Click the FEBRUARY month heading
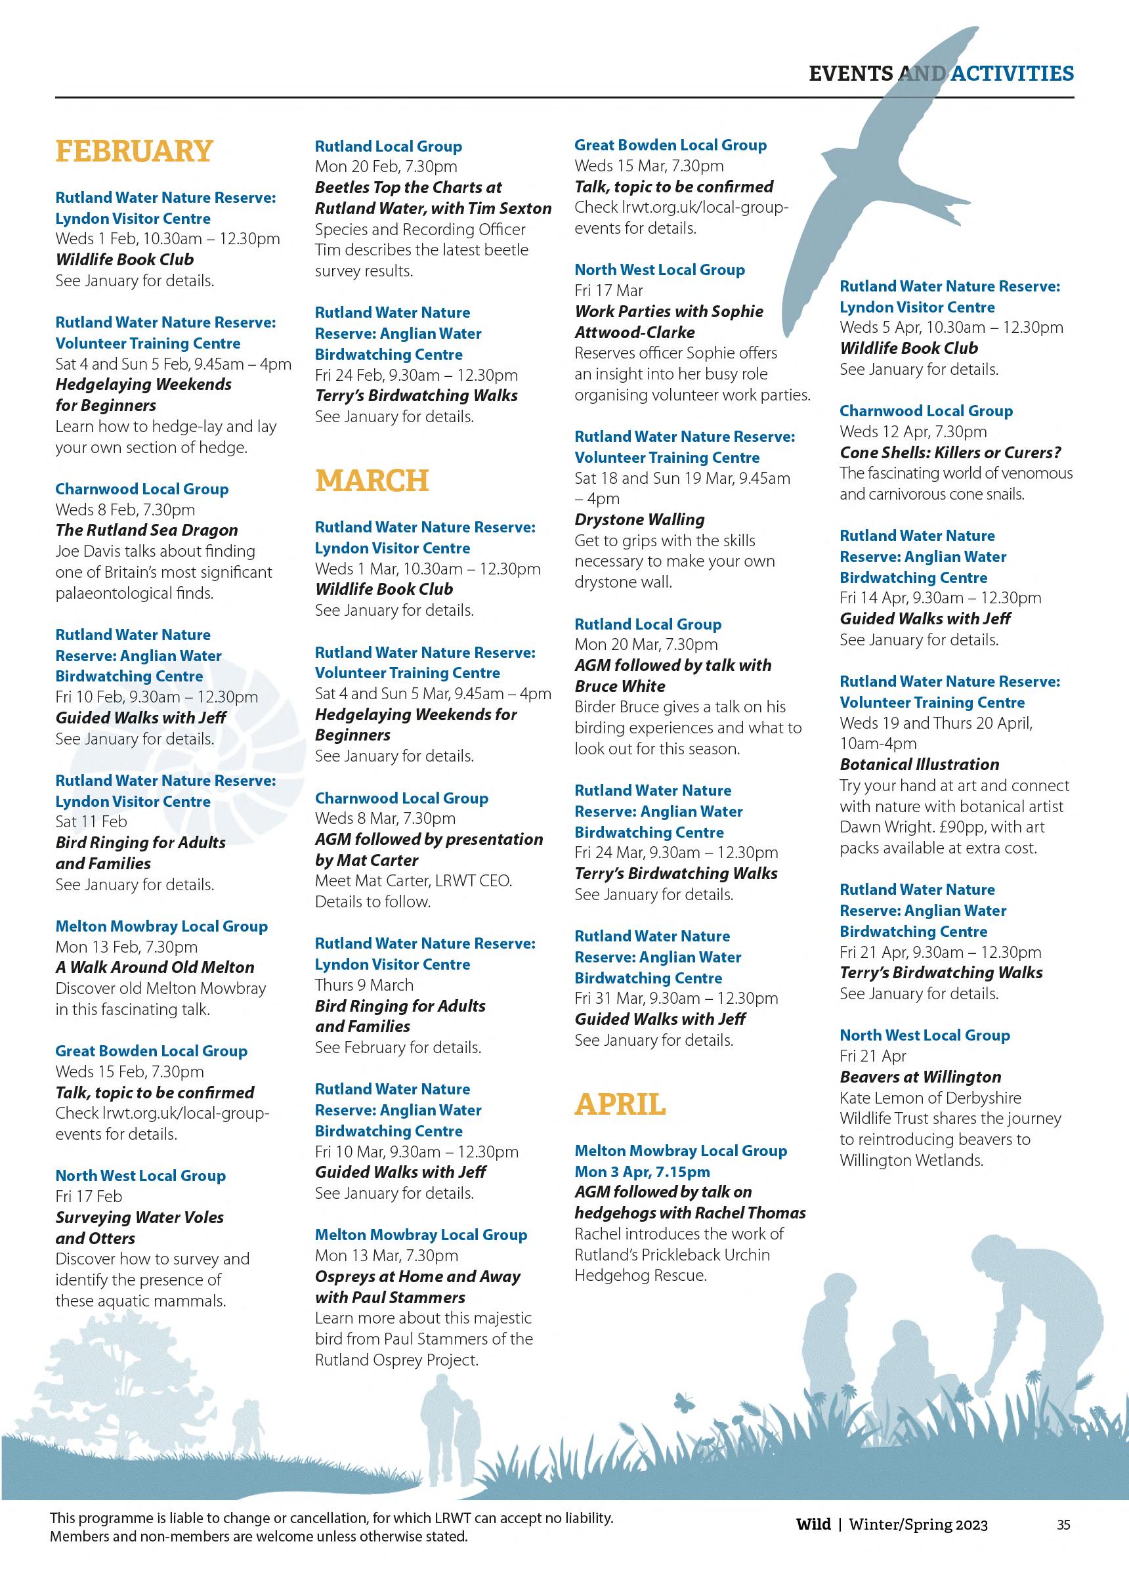[x=133, y=151]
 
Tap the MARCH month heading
[x=372, y=481]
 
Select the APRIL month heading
[x=620, y=1104]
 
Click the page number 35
[x=1063, y=1524]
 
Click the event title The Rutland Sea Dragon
[x=146, y=530]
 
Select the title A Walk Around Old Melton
[x=154, y=967]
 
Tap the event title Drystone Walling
[x=639, y=519]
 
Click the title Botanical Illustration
[x=919, y=764]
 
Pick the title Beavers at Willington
[x=920, y=1077]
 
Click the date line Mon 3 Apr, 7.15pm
[x=642, y=1171]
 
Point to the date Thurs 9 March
[x=364, y=985]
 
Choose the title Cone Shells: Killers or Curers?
[x=950, y=452]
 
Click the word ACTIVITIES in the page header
[x=1012, y=73]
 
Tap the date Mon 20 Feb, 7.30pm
[x=386, y=166]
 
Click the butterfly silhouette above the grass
[x=684, y=1403]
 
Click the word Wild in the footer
[x=813, y=1524]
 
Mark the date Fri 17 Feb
[x=89, y=1196]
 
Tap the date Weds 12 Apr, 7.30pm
[x=913, y=431]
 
